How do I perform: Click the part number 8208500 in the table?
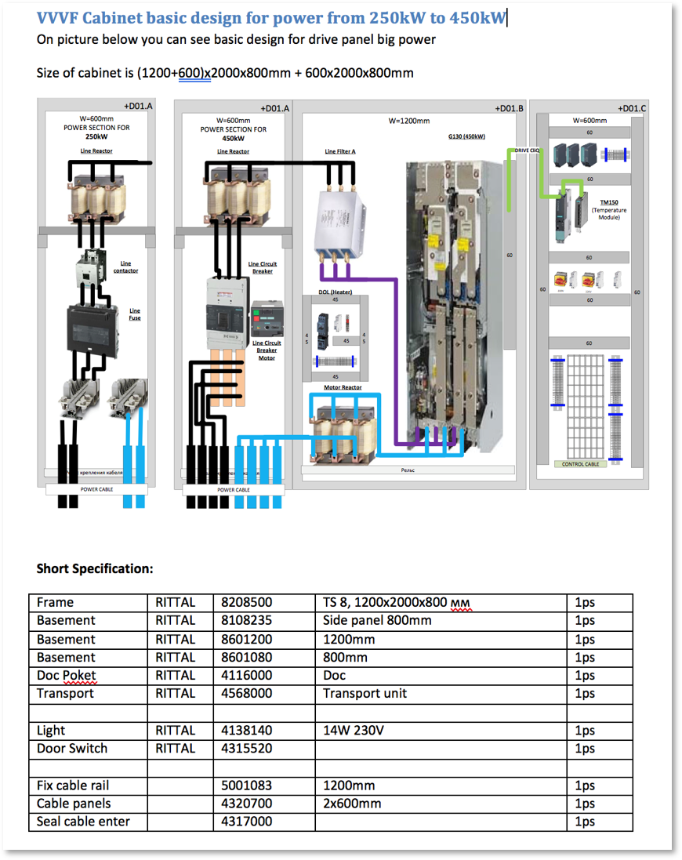pos(247,602)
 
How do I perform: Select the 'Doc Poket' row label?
pos(66,675)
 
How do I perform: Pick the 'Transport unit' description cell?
pos(365,693)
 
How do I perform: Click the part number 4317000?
pos(247,821)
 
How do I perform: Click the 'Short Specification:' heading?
pos(94,568)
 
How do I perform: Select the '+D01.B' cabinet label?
pos(509,108)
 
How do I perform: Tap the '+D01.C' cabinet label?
pos(632,108)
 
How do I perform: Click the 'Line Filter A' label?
pos(340,151)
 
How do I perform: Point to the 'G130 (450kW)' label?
pos(466,136)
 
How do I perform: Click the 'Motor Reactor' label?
pos(343,387)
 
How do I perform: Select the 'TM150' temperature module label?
pos(609,202)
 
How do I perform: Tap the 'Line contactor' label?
pos(125,267)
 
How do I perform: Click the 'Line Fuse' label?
pos(135,314)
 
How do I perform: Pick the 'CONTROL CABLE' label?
pos(581,464)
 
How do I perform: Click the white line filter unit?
pos(341,220)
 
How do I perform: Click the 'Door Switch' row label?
pos(72,748)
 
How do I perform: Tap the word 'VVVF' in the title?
pos(58,18)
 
